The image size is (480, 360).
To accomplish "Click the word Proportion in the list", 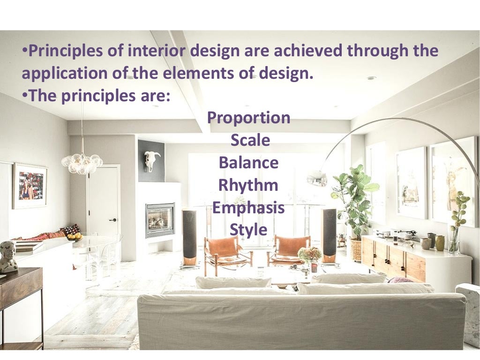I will pos(248,118).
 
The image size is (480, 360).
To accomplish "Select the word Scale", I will pos(250,140).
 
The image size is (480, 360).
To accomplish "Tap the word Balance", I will pos(248,163).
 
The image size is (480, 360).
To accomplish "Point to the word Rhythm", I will pos(248,185).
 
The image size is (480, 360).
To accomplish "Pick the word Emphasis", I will pos(248,208).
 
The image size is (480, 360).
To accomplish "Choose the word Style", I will pos(248,230).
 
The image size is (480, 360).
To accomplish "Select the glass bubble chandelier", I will pos(82,163).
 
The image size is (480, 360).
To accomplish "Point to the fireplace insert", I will pos(160,220).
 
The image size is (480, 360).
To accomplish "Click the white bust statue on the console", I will pos(8,256).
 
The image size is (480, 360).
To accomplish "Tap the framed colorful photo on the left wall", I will pos(30,186).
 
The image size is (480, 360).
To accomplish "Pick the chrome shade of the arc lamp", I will pos(317,178).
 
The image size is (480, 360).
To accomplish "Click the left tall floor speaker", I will pos(189,237).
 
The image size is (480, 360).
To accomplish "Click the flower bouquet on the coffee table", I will pos(310,255).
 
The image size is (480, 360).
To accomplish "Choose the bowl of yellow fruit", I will pos(75,237).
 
